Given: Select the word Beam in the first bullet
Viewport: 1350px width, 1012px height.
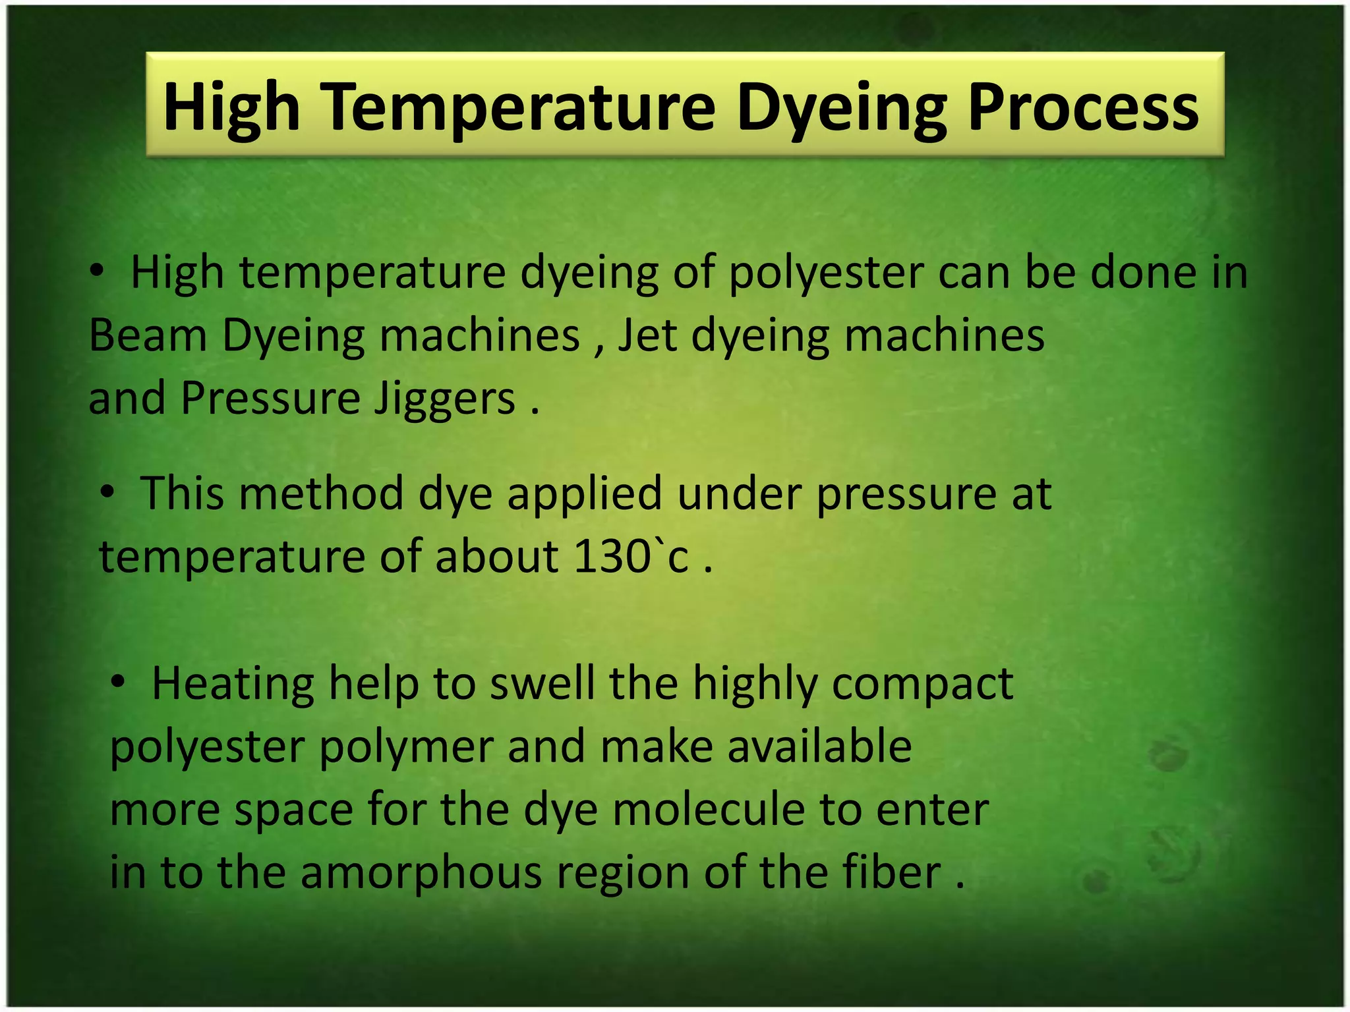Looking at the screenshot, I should [x=148, y=335].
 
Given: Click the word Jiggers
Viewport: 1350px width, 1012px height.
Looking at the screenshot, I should [x=445, y=399].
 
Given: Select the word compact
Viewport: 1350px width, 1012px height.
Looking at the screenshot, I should [x=922, y=683].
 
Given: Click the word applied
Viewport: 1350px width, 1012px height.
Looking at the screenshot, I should [x=584, y=493].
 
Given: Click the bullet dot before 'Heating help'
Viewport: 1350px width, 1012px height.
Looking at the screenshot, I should [x=118, y=682].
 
